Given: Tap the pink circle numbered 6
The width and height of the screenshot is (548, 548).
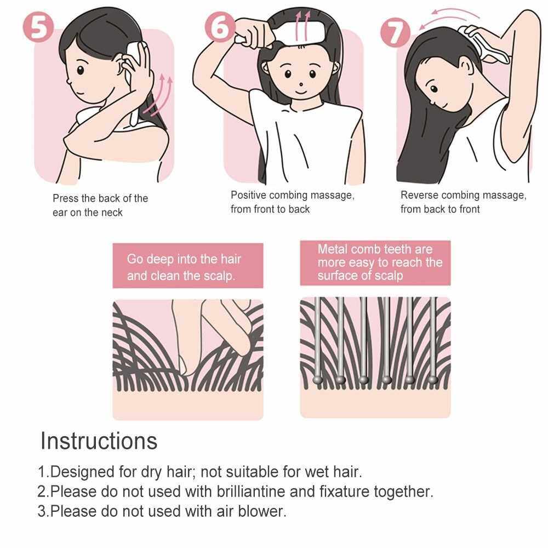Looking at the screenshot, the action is point(220,27).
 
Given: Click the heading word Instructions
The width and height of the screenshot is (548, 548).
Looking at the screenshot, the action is point(99,441).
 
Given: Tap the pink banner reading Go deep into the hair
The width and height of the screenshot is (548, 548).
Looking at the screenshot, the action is point(187,266).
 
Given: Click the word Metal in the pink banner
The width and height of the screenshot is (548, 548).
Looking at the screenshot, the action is point(333,249).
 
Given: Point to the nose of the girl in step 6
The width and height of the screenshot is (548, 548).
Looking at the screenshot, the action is point(301,84).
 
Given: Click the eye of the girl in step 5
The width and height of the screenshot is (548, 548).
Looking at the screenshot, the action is point(81,70).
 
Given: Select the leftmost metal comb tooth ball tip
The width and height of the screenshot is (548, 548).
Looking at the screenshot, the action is point(317,380).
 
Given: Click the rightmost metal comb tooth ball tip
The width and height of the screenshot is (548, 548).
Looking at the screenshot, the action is point(433,380).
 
